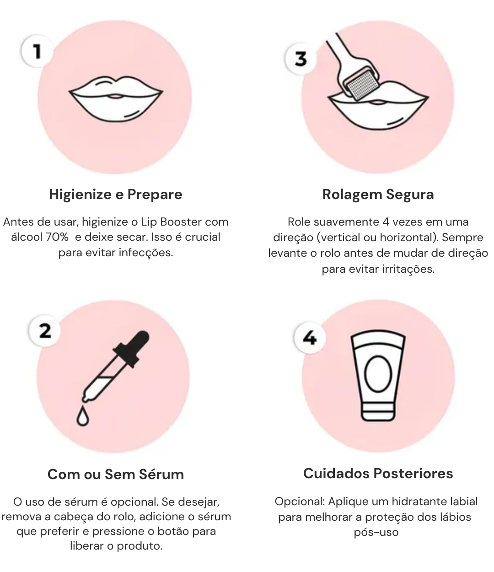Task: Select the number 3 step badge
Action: tap(301, 59)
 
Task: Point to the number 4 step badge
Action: tap(310, 338)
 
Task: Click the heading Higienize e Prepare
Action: tap(116, 194)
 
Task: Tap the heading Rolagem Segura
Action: tap(378, 194)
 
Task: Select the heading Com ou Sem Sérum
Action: tap(116, 474)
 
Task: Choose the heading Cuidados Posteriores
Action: tap(378, 473)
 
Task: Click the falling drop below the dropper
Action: tap(82, 416)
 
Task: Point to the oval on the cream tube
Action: tap(378, 373)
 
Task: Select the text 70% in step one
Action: tap(57, 237)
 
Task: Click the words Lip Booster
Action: tap(171, 222)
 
